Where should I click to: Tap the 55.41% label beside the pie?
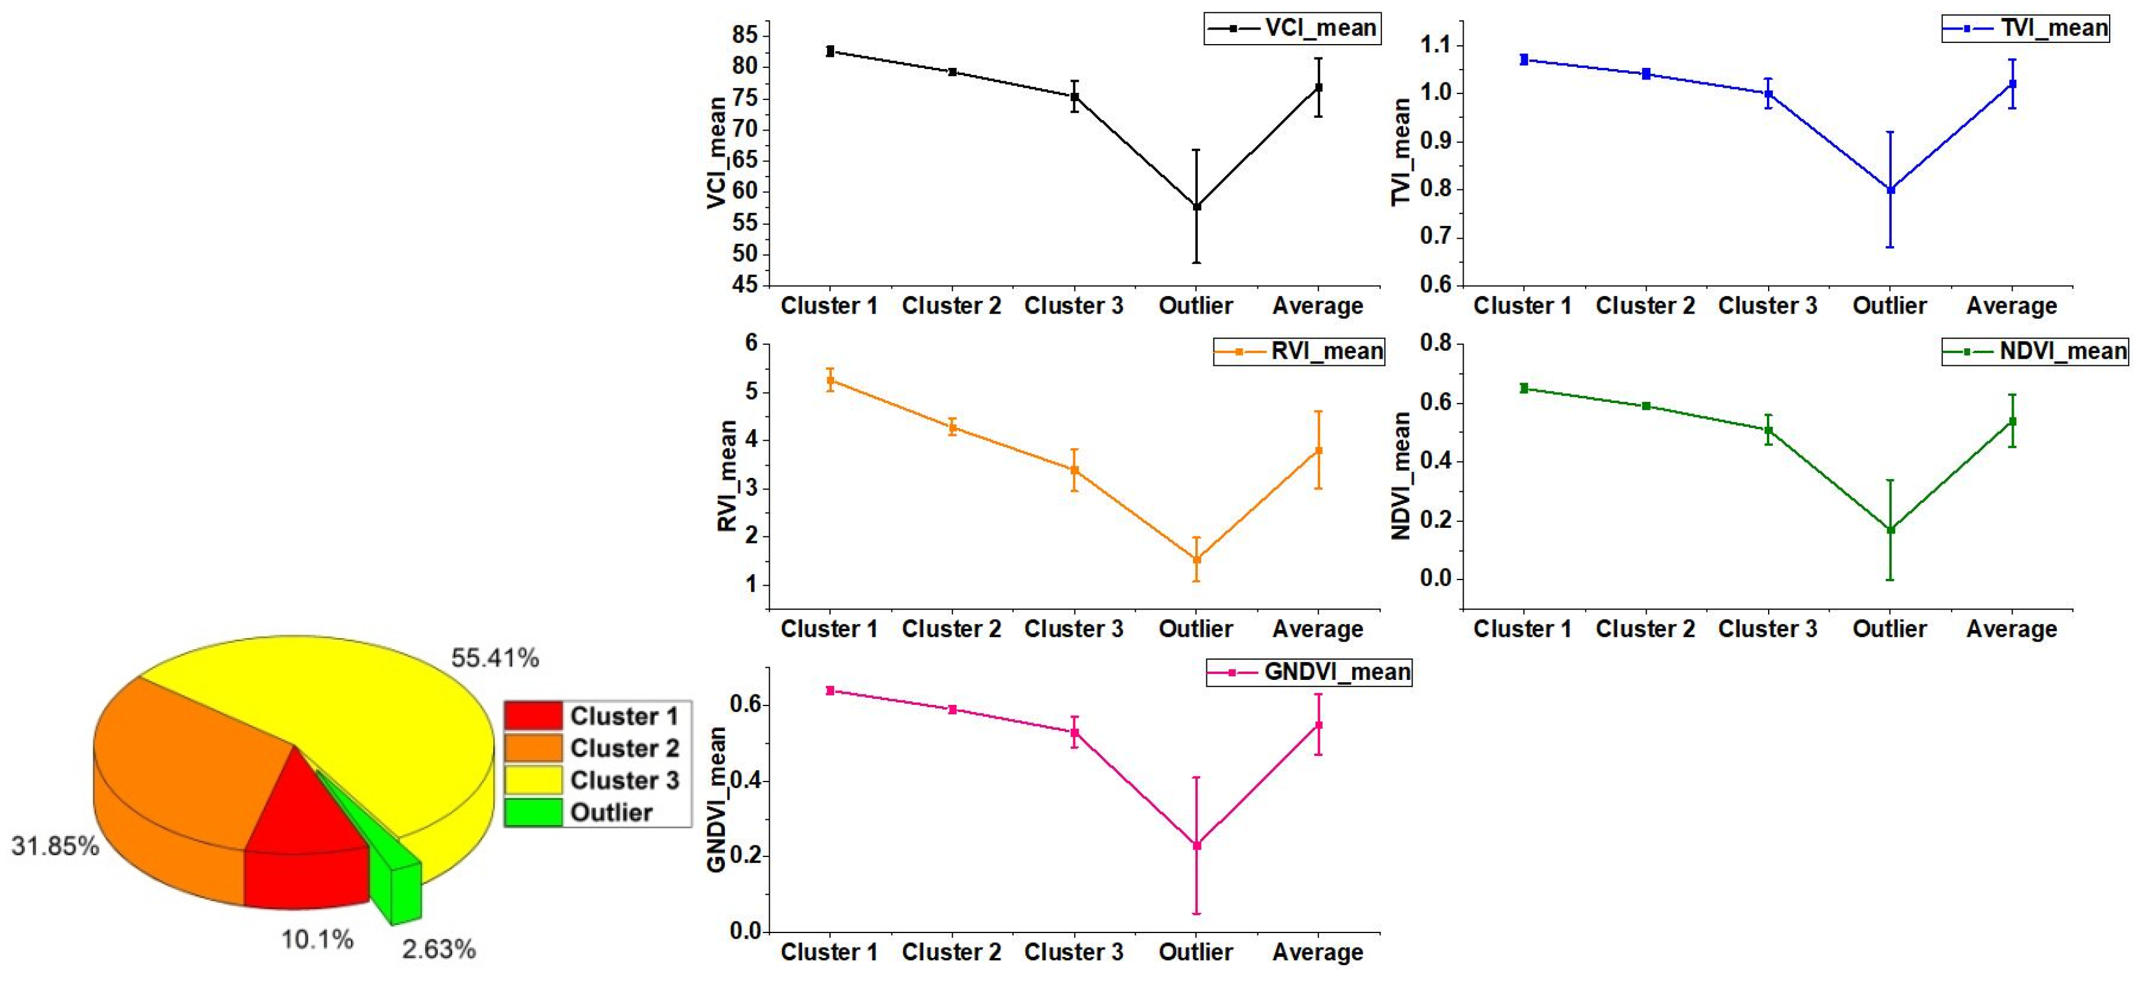click(494, 658)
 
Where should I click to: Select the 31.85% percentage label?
click(55, 846)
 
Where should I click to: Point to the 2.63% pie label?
click(439, 949)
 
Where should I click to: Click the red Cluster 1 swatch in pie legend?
click(533, 715)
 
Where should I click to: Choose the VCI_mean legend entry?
click(1292, 28)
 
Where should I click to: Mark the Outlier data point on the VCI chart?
click(1196, 206)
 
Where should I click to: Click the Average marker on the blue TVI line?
click(2011, 84)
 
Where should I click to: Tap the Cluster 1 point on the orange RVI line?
click(829, 380)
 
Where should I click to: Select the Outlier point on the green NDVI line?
click(1890, 530)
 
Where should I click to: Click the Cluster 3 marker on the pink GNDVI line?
click(1074, 732)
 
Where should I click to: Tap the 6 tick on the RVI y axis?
click(752, 343)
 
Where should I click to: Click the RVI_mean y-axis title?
click(727, 476)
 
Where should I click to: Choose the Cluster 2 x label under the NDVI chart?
click(1645, 629)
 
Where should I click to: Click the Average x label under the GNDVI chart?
click(1317, 952)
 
